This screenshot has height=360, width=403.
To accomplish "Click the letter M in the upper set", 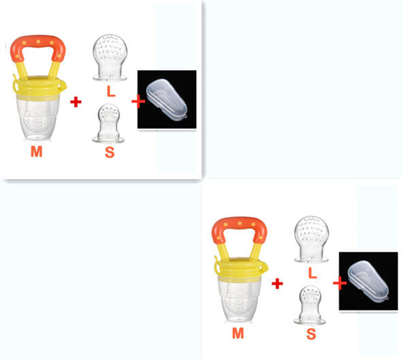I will coord(36,152).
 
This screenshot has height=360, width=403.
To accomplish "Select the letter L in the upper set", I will coord(109,90).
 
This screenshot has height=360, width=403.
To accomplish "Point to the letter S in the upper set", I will coord(109,152).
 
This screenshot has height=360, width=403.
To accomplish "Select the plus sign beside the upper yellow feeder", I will coord(76,102).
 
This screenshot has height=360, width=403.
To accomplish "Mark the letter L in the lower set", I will coord(310,272).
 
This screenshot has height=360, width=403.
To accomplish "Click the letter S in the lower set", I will coord(310,334).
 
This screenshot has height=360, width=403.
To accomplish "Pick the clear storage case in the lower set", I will coord(368,280).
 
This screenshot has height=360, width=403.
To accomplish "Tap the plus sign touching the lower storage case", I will coord(338,283).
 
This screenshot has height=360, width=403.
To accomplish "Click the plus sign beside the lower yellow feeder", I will coord(277,283).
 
